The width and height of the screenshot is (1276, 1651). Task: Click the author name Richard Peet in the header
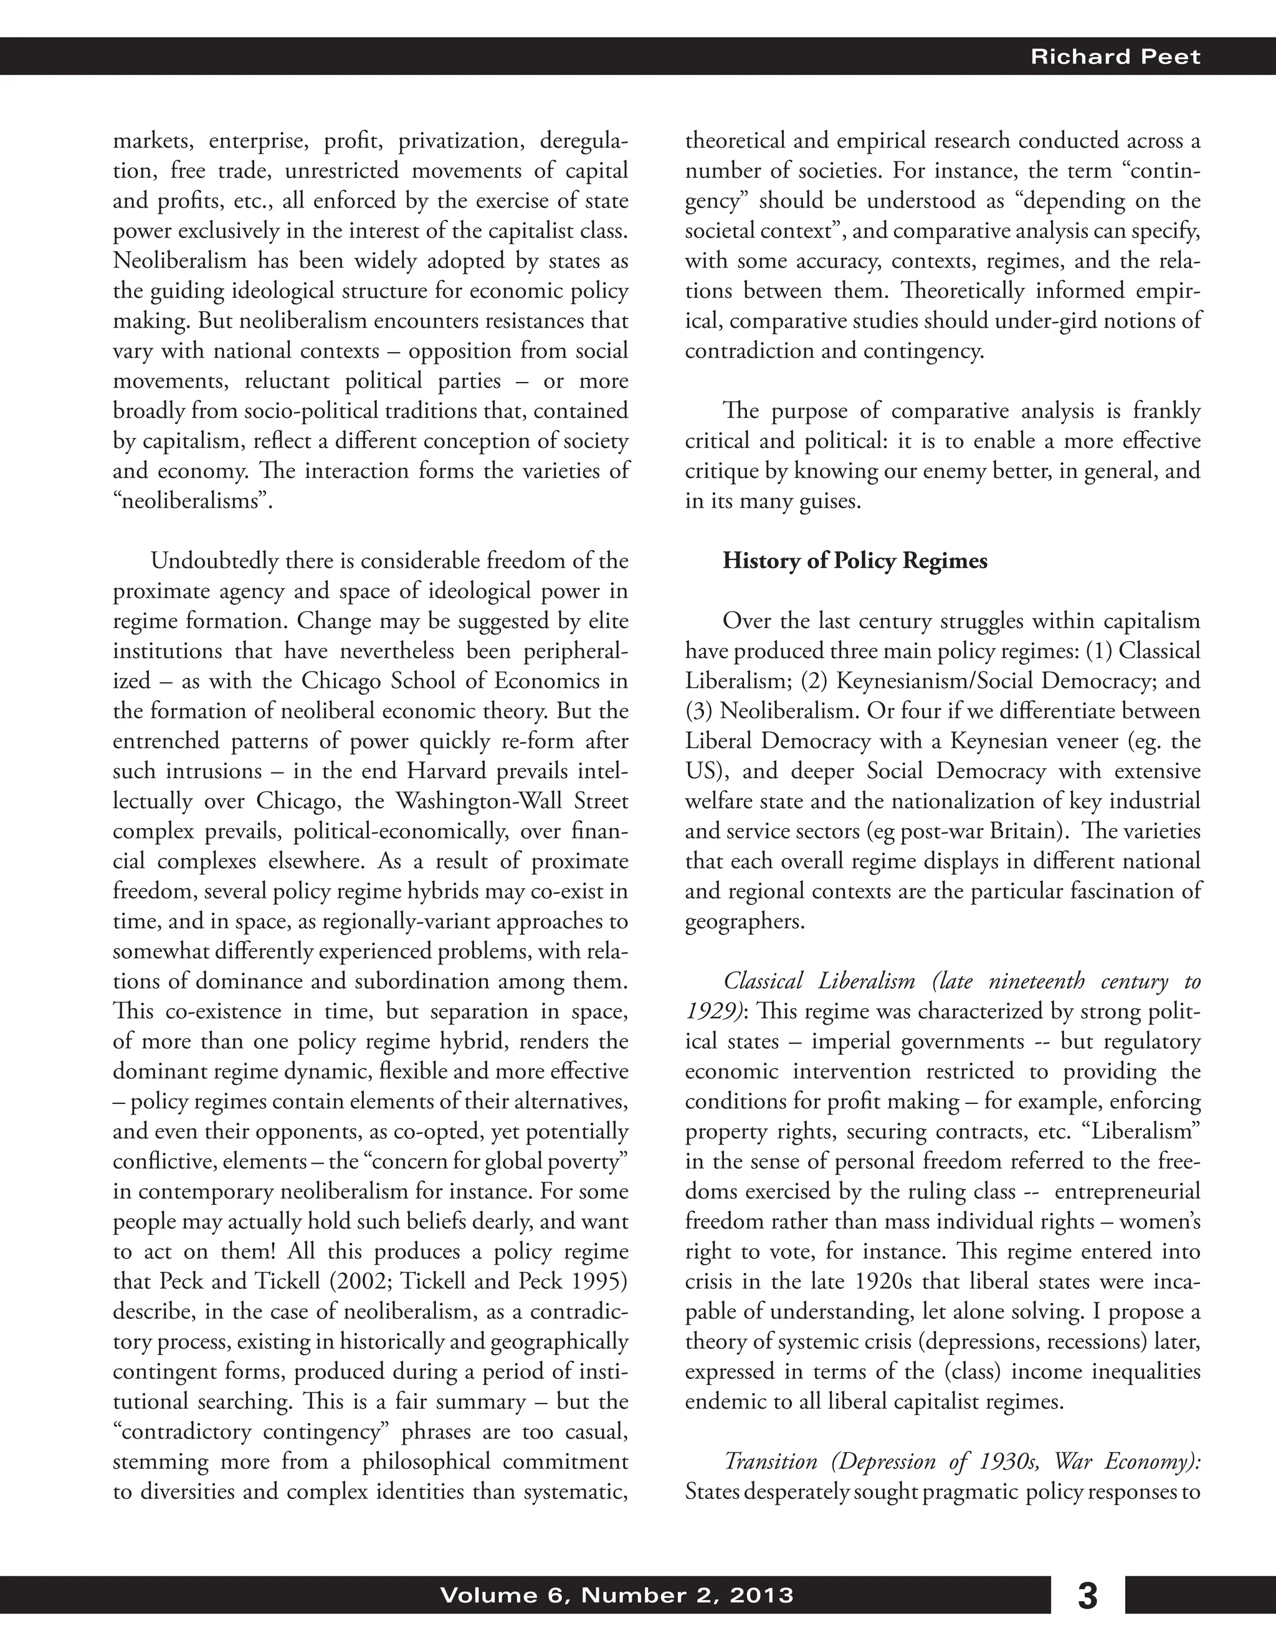pyautogui.click(x=1115, y=57)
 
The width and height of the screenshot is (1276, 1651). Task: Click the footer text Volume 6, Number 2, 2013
pyautogui.click(x=616, y=1595)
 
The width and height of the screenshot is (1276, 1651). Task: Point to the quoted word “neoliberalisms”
pyautogui.click(x=192, y=501)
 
